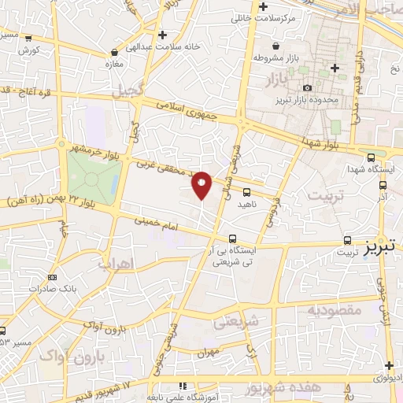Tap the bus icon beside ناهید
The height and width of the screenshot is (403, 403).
247,191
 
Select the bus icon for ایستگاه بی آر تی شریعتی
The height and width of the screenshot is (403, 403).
232,238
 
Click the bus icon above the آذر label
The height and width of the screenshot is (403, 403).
383,186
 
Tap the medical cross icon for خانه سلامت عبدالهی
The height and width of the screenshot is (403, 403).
163,35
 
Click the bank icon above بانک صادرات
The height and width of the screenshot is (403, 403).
53,277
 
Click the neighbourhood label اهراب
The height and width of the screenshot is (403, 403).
116,264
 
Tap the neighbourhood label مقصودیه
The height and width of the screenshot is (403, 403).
333,311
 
